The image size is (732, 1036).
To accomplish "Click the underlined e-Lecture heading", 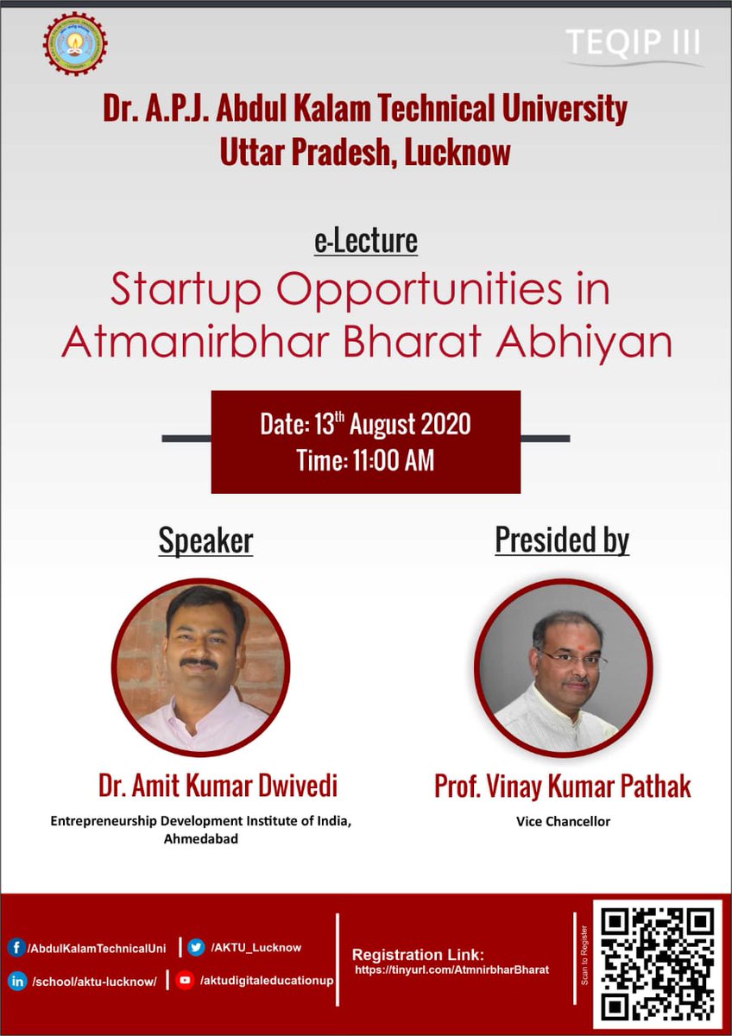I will tap(365, 241).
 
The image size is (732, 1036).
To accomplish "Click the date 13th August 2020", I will tap(365, 425).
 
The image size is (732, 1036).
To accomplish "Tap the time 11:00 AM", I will tap(365, 461).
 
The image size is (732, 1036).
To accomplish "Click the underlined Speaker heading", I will tap(205, 540).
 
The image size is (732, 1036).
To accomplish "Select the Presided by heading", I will tap(562, 540).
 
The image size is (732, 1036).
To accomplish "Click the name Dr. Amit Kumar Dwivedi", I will tap(218, 786).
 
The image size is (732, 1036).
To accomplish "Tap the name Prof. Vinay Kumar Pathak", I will tap(562, 787).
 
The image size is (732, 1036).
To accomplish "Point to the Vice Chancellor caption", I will tap(562, 821).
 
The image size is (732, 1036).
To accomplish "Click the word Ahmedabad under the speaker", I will tap(200, 837).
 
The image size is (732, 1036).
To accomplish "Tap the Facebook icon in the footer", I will tap(16, 948).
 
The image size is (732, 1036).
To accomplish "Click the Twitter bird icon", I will tap(197, 947).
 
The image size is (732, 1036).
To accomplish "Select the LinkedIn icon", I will tap(16, 981).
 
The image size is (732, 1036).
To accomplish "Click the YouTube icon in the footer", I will tap(184, 981).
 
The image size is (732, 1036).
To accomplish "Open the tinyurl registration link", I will tap(453, 970).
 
